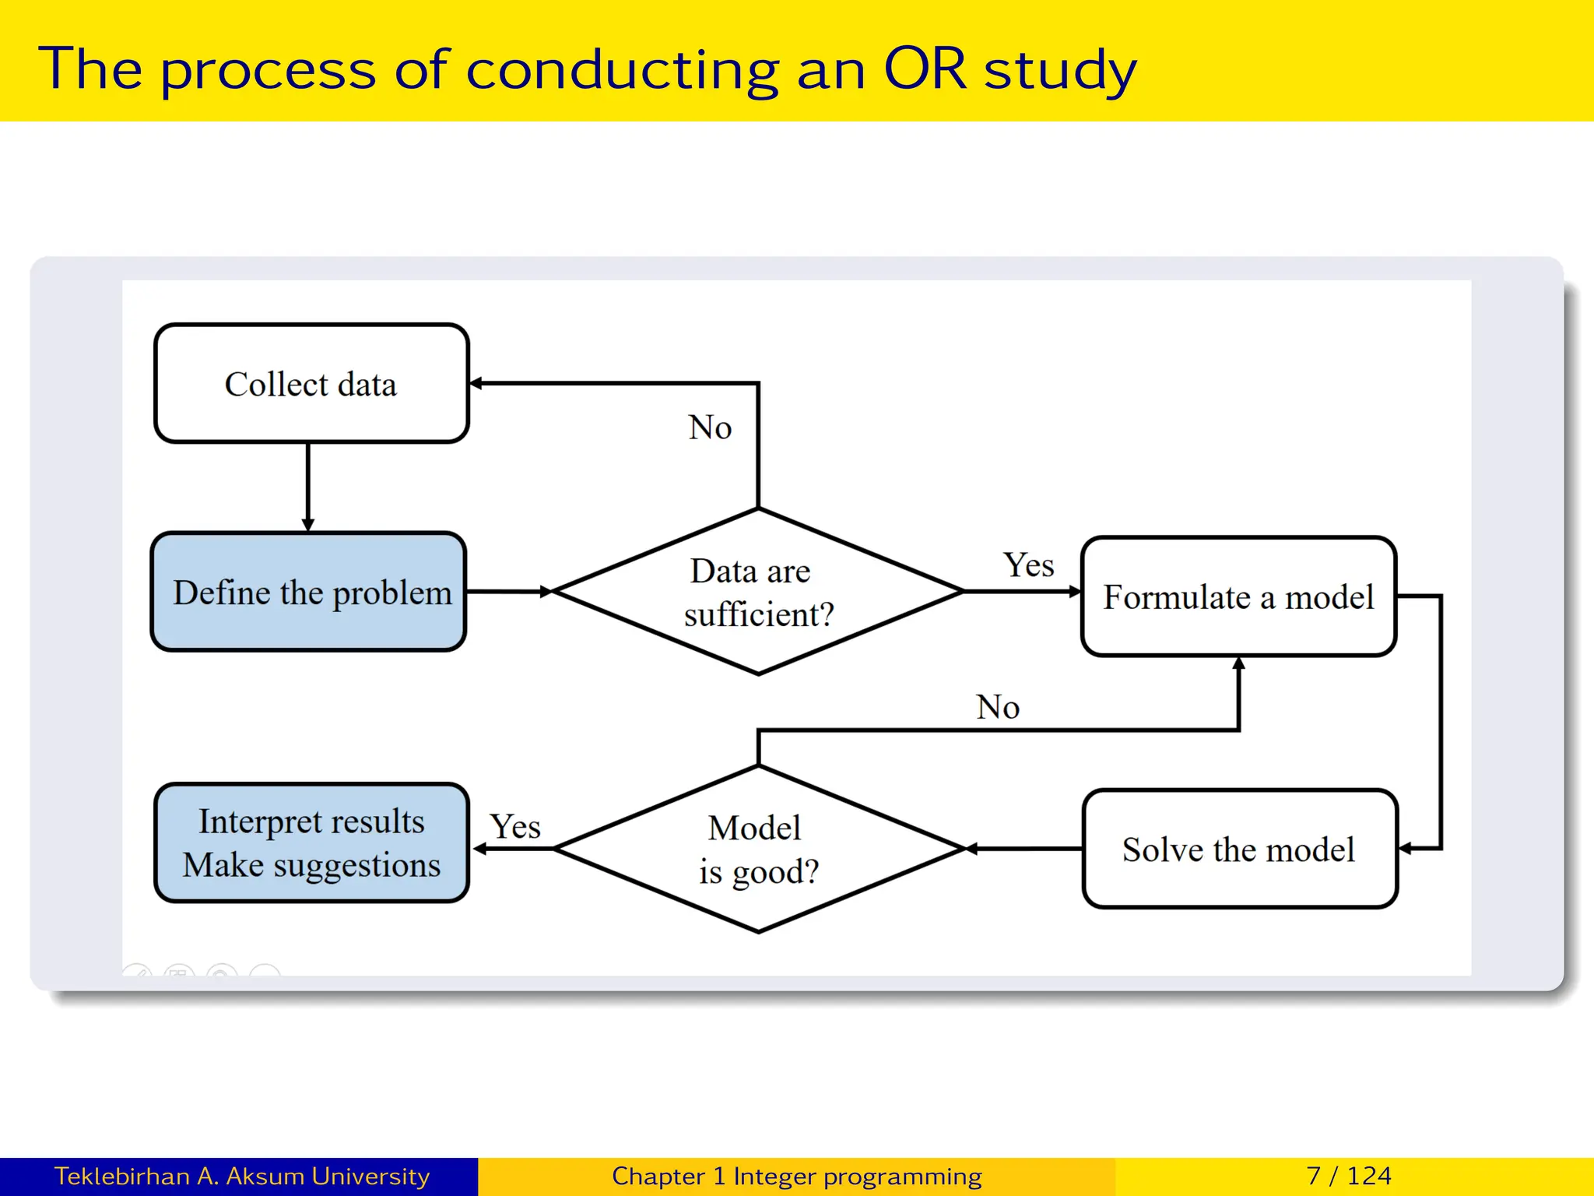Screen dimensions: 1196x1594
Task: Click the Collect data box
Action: pos(311,384)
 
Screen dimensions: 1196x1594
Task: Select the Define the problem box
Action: pos(309,592)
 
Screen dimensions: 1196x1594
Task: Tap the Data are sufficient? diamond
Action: pos(758,592)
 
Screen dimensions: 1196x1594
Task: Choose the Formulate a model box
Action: pos(1238,596)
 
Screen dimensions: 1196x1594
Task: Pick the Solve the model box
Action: pos(1239,849)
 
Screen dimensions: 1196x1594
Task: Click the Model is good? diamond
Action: pos(758,849)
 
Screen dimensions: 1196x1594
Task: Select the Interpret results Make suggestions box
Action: pos(311,842)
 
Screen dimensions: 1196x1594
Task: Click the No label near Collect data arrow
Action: pos(710,427)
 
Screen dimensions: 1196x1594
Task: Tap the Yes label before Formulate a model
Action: pos(1028,565)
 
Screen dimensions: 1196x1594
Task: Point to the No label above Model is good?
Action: pos(998,707)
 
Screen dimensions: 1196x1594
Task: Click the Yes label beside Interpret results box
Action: pos(514,826)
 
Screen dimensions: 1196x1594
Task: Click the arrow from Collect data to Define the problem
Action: pos(308,487)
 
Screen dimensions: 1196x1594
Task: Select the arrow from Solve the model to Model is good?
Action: pos(1023,849)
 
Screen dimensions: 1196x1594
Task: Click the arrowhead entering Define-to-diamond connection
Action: pos(546,592)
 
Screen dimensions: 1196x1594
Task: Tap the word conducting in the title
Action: pos(622,70)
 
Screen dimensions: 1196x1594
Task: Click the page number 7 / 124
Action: pos(1349,1176)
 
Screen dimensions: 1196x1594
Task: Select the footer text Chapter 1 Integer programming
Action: pos(796,1176)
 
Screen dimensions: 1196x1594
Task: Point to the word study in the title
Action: pos(1060,70)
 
